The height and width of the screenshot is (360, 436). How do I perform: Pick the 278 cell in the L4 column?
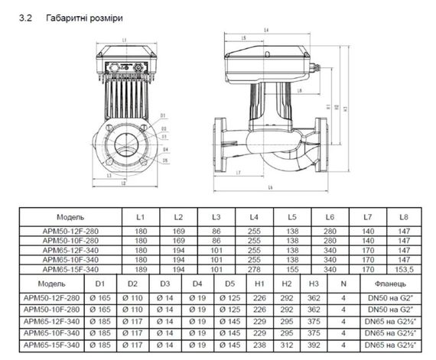pos(255,269)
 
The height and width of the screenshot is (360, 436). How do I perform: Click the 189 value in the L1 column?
pos(140,269)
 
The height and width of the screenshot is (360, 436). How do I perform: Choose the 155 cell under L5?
pos(292,269)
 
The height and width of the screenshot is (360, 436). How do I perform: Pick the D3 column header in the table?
pos(165,284)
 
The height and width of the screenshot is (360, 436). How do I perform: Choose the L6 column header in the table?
pos(330,217)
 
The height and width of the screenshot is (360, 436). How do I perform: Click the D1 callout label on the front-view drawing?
pos(163,115)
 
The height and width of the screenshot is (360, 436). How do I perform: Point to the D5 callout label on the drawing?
pos(164,150)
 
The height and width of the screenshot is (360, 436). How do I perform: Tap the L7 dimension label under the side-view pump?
pos(239,174)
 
